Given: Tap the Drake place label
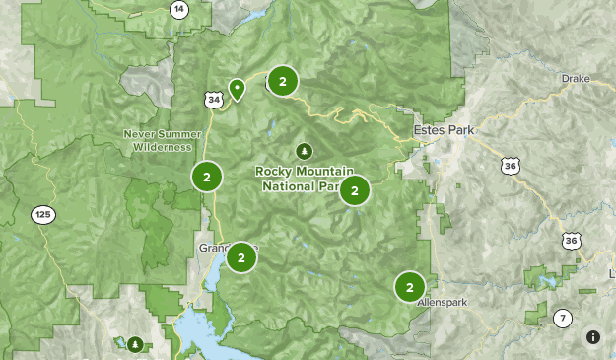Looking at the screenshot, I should coord(574,78).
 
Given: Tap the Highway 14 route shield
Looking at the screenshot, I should coord(178,9).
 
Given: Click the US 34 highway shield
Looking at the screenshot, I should coord(214,99).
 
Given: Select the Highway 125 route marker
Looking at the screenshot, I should coord(41,214).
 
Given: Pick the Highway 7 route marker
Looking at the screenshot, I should coord(562,318).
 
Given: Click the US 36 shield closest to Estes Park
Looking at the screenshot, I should coord(509,168).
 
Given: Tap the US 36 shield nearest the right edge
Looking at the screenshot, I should coord(572,241).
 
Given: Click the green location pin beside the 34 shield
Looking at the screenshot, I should coord(237,89).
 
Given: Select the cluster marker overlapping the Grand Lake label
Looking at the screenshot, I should coord(240,258).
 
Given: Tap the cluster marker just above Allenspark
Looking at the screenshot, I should coord(409,287).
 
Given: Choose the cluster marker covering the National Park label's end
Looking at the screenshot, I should coord(355,190).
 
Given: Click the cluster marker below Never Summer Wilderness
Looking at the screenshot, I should coord(207,177).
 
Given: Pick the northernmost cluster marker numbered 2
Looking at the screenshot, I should coord(283,82).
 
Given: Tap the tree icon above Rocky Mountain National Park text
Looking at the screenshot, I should coord(304,151).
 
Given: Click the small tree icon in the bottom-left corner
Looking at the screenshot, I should coord(135,344).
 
